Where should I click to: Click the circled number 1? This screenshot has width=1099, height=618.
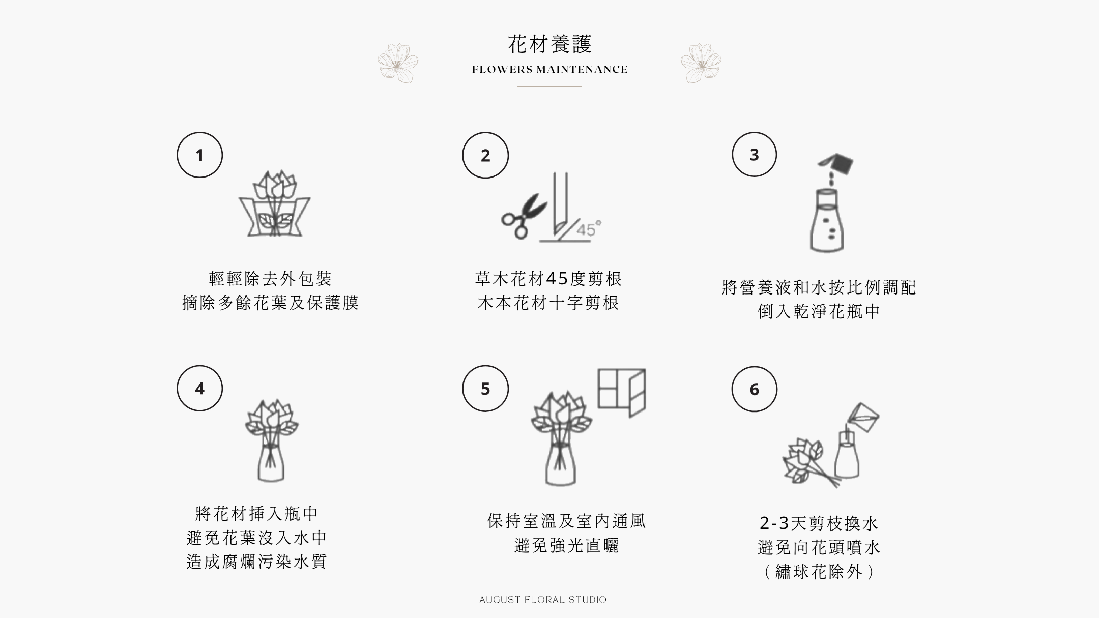pyautogui.click(x=199, y=155)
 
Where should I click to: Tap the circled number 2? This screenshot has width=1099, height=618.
pyautogui.click(x=485, y=155)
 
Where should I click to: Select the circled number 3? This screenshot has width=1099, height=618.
pyautogui.click(x=754, y=154)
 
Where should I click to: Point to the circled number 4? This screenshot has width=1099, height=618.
pyautogui.click(x=199, y=388)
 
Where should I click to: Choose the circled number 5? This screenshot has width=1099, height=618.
pyautogui.click(x=485, y=389)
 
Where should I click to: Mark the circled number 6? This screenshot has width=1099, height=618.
pyautogui.click(x=754, y=389)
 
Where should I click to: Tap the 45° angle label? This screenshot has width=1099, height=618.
pyautogui.click(x=589, y=229)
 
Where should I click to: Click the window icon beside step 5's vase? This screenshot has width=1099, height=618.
pyautogui.click(x=621, y=393)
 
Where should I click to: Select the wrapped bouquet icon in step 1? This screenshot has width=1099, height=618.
pyautogui.click(x=275, y=204)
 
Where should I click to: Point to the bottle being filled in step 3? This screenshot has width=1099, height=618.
pyautogui.click(x=827, y=220)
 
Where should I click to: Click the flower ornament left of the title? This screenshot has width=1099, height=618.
pyautogui.click(x=398, y=63)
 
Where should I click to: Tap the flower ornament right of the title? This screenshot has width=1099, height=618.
pyautogui.click(x=701, y=63)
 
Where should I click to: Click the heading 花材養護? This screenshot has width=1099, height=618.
pyautogui.click(x=550, y=44)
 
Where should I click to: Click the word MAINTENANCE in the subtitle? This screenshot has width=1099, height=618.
pyautogui.click(x=582, y=70)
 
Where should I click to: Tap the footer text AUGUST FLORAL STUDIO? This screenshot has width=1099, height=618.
pyautogui.click(x=543, y=600)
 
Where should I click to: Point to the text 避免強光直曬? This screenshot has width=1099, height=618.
pyautogui.click(x=566, y=546)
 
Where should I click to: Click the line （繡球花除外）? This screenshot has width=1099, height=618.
pyautogui.click(x=819, y=572)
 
